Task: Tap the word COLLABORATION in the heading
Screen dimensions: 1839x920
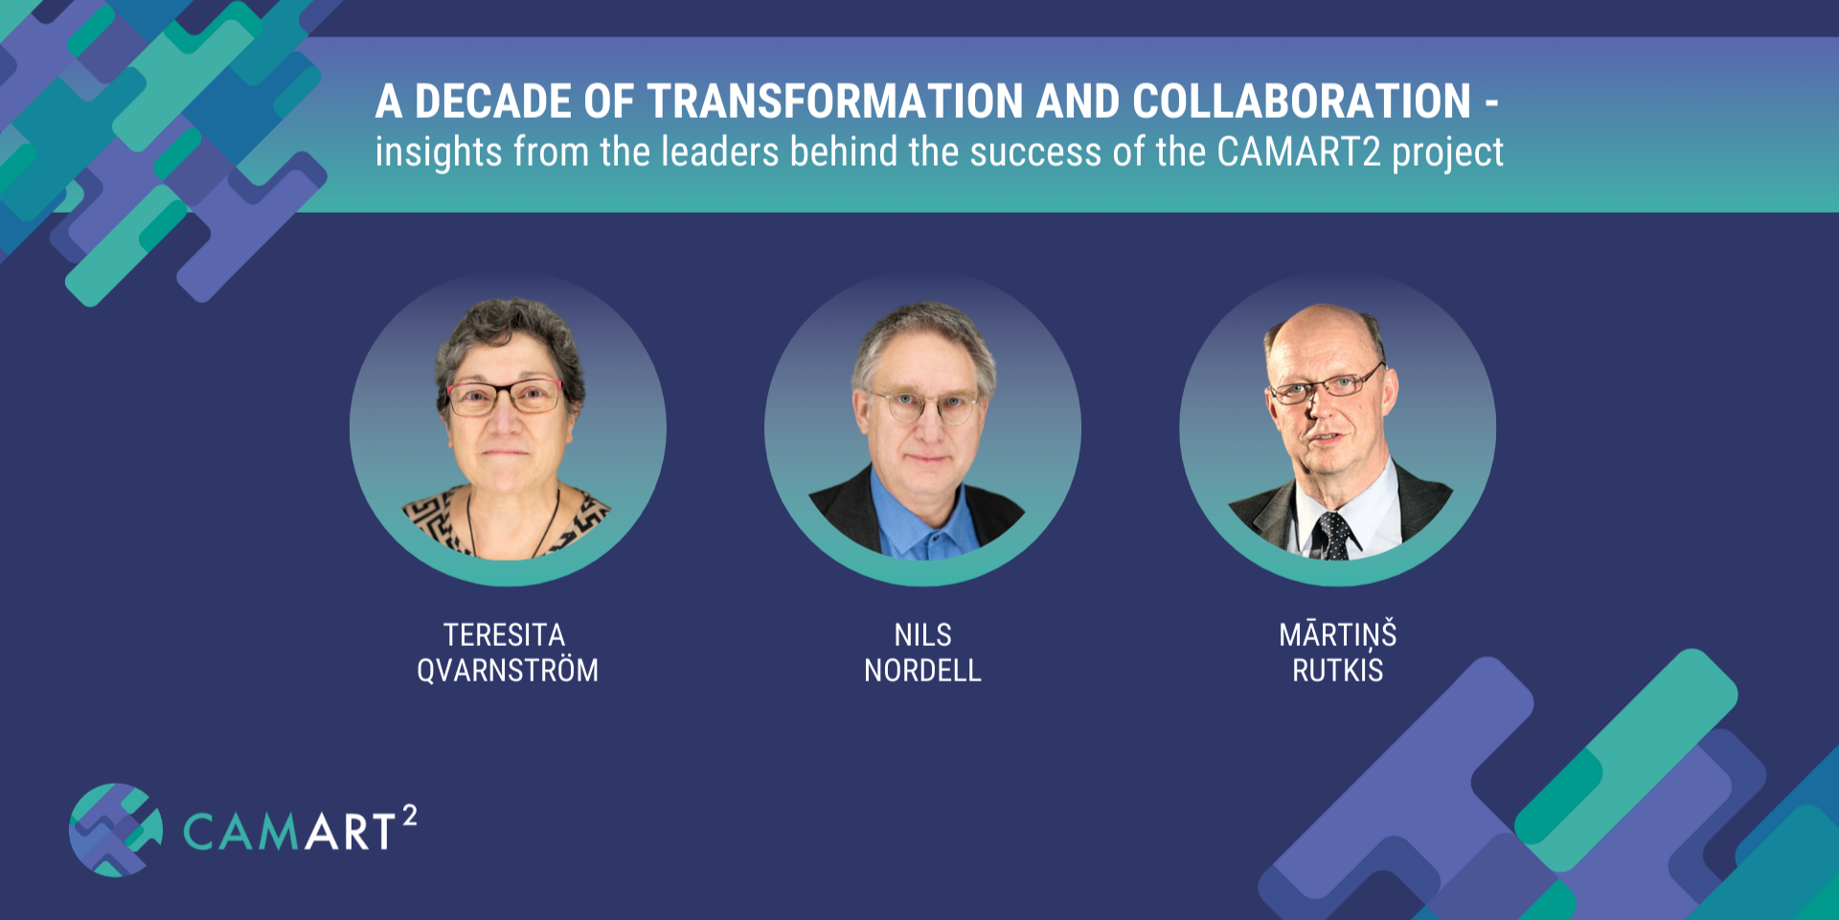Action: point(1301,102)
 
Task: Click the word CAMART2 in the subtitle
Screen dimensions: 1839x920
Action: point(1299,151)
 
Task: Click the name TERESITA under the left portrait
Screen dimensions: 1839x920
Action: point(504,634)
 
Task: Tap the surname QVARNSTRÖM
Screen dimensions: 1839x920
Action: point(508,669)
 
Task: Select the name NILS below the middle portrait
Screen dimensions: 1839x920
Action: point(922,634)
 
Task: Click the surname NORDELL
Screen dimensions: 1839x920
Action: point(922,670)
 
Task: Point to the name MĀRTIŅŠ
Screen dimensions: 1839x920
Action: point(1338,634)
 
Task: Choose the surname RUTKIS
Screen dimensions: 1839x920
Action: point(1338,670)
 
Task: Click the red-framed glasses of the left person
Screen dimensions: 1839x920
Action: point(505,396)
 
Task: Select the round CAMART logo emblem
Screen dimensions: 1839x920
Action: point(115,830)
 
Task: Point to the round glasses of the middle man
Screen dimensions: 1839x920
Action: point(923,406)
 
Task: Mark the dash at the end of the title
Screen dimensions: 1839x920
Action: point(1491,103)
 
